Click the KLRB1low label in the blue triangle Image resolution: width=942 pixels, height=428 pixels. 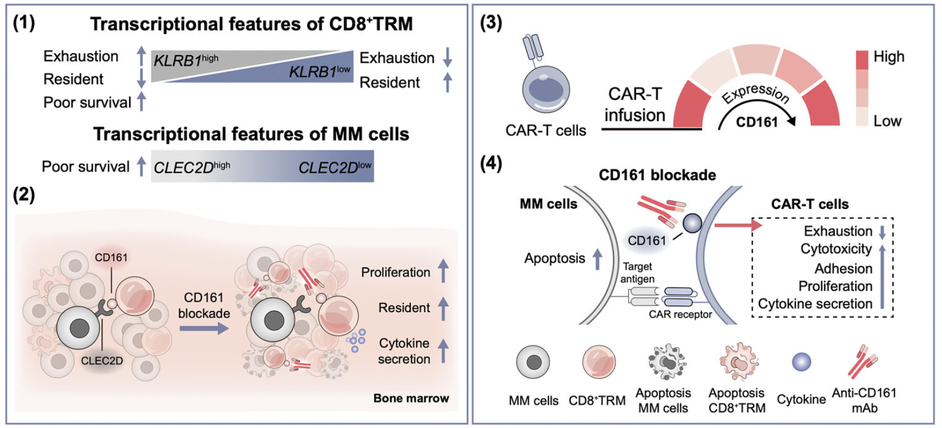tap(319, 72)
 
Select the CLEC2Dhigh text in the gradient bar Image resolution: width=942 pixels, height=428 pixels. tap(192, 167)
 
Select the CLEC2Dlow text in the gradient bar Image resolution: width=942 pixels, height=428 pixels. tap(335, 167)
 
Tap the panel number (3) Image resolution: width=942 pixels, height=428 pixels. tap(491, 24)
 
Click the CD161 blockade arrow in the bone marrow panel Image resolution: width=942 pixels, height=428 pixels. tap(203, 329)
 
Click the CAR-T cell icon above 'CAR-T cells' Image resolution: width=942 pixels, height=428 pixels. tap(546, 87)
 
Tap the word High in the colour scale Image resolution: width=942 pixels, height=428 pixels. tap(889, 57)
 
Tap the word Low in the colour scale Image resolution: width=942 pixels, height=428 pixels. tap(887, 121)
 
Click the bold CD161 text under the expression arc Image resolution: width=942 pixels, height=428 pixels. tap(756, 122)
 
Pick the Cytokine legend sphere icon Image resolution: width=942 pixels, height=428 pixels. tap(801, 362)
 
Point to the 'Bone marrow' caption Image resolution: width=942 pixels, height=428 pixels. tap(411, 398)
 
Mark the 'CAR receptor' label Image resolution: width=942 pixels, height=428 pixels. tap(680, 314)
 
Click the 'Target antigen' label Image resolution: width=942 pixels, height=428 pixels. tap(637, 273)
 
